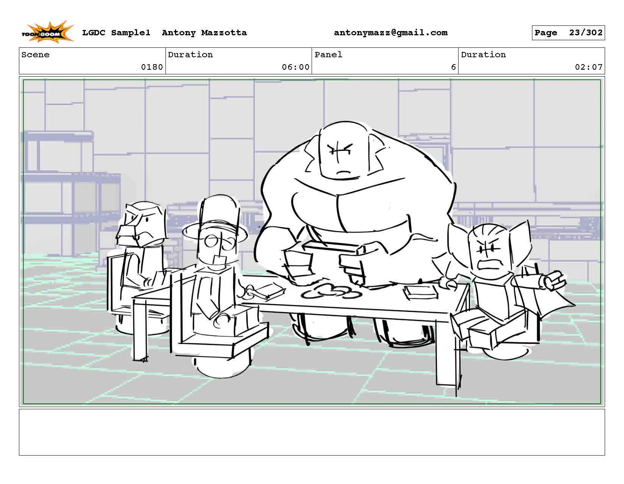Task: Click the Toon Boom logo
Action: coord(47,32)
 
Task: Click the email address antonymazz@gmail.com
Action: coord(390,33)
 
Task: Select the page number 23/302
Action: coord(585,33)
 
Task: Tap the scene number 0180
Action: coord(152,67)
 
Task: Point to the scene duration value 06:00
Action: coord(295,67)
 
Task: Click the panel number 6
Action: coord(453,67)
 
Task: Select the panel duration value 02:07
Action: coord(588,67)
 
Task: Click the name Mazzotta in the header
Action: coord(224,33)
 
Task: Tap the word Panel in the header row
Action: coord(328,55)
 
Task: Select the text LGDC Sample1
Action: coord(116,33)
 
